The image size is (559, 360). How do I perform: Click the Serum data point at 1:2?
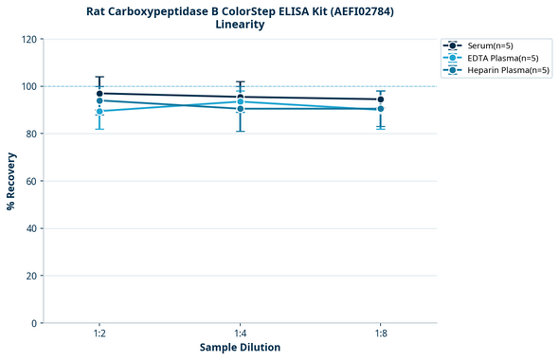pos(99,94)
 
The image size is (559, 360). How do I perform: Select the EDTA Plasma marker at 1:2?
pos(99,112)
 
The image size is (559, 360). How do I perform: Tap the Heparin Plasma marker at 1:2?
pos(99,100)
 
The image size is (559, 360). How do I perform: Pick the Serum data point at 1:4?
pos(241,97)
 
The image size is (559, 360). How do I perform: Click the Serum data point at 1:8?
pos(381,99)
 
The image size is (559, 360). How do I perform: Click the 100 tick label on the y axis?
pos(29,86)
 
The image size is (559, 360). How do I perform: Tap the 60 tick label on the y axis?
pos(32,181)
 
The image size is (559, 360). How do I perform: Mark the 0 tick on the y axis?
pos(35,323)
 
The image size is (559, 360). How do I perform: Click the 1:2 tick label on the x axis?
pos(99,333)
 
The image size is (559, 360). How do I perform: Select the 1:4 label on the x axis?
pos(241,333)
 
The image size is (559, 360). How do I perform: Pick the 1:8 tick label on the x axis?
pos(381,333)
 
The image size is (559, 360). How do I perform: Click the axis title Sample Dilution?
pos(240,348)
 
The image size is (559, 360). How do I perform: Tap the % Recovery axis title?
pos(11,181)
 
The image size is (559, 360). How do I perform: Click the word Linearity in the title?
pos(240,25)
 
